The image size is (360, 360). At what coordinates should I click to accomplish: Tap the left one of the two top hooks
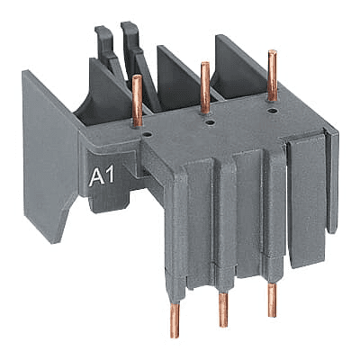coord(106,45)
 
